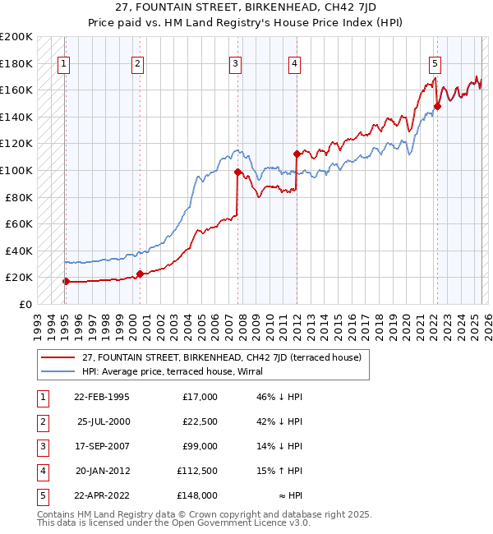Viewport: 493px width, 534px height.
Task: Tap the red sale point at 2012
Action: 297,154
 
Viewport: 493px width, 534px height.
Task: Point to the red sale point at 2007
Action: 237,172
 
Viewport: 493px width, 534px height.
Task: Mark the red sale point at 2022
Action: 438,106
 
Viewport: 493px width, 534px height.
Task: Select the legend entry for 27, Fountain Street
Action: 215,357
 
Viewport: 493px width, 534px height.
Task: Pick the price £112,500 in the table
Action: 197,471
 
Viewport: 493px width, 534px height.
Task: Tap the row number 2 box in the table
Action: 40,421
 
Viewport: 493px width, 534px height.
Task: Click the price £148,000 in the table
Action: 197,495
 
